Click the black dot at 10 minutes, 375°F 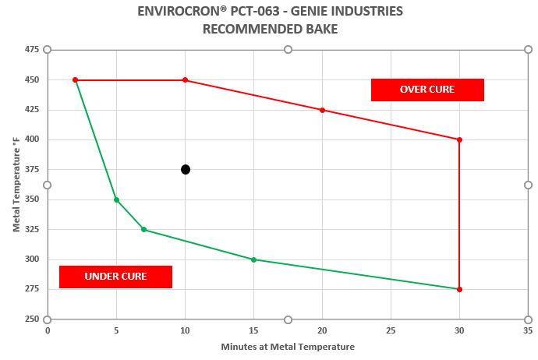point(186,170)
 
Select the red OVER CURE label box point(427,90)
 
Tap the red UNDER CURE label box point(115,277)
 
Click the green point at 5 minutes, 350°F point(116,199)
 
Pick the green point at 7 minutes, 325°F point(143,230)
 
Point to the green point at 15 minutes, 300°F point(253,259)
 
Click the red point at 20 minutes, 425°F point(322,110)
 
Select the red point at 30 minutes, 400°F point(459,139)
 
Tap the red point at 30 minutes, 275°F point(459,289)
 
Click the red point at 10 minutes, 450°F point(185,79)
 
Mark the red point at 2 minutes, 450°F point(75,79)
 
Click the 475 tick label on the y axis point(32,50)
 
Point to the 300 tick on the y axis point(32,259)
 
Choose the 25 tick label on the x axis point(391,330)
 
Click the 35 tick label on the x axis point(528,330)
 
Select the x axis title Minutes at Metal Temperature point(288,347)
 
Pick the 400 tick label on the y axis point(32,139)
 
